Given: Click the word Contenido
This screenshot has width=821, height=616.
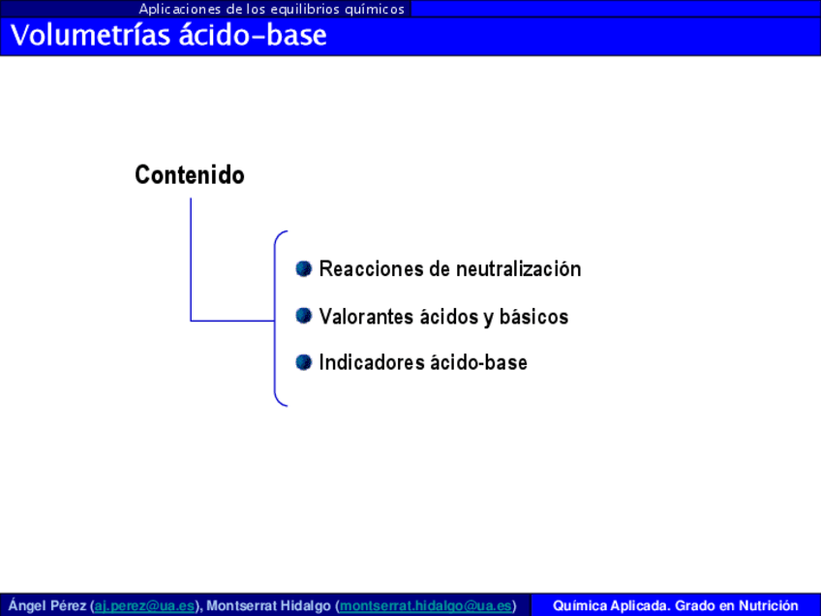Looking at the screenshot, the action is (190, 175).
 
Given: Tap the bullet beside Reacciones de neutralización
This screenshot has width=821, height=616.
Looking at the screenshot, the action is (304, 268).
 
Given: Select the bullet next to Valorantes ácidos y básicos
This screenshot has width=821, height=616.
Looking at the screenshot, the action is (304, 316).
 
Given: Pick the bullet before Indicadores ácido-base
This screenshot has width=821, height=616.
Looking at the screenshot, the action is (304, 362).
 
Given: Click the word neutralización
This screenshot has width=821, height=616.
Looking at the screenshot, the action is (518, 268).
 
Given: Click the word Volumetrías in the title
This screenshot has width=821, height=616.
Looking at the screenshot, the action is (91, 36).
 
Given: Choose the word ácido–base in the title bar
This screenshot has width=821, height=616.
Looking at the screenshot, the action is (253, 36).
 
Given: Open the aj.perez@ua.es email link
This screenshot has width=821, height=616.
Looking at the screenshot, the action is (144, 605).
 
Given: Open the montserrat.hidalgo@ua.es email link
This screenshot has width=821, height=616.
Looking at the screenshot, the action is (426, 605).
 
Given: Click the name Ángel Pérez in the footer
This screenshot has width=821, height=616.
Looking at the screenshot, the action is (47, 605).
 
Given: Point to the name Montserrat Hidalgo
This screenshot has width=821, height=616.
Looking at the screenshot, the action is (268, 605).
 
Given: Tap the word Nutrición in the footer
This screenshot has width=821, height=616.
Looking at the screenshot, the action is (768, 605).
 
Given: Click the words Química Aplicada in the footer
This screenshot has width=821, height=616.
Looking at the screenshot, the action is (611, 605).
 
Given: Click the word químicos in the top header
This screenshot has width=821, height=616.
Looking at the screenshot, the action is (375, 10).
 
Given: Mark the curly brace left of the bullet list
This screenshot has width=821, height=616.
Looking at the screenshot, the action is (275, 319).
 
